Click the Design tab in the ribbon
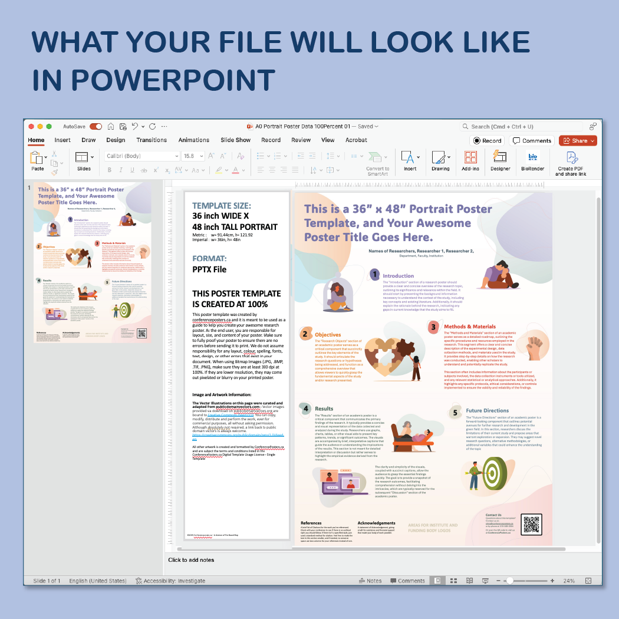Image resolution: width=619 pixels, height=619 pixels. pyautogui.click(x=116, y=140)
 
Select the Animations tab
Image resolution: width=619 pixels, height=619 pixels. pyautogui.click(x=194, y=140)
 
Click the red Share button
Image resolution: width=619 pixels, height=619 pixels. pyautogui.click(x=578, y=141)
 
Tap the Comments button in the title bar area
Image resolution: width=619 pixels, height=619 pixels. pyautogui.click(x=532, y=141)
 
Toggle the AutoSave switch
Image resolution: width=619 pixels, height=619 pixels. pyautogui.click(x=96, y=127)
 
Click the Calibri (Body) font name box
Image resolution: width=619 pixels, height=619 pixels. pyautogui.click(x=142, y=156)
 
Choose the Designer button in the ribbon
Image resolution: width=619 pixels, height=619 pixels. pyautogui.click(x=501, y=161)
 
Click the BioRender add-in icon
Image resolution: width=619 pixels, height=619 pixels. pyautogui.click(x=533, y=161)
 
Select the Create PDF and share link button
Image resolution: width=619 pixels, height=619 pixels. pyautogui.click(x=571, y=163)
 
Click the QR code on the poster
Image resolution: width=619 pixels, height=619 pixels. pyautogui.click(x=532, y=524)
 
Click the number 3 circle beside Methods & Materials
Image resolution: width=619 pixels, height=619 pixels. pyautogui.click(x=433, y=327)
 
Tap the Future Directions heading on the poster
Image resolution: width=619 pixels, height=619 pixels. pyautogui.click(x=487, y=410)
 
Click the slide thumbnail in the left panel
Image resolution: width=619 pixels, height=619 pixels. pyautogui.click(x=92, y=262)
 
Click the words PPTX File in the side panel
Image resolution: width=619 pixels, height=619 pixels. pyautogui.click(x=209, y=269)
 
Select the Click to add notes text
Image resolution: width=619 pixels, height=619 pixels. pyautogui.click(x=191, y=560)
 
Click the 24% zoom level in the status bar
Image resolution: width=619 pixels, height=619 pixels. pyautogui.click(x=568, y=581)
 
